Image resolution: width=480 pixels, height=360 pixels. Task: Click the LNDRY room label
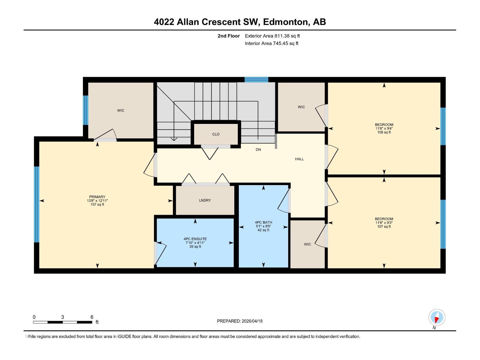(205, 200)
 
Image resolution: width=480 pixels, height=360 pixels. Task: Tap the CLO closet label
(216, 134)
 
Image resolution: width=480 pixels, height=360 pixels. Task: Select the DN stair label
(258, 150)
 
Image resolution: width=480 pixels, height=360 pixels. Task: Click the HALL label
(299, 159)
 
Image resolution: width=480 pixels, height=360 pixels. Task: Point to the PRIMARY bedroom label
(97, 197)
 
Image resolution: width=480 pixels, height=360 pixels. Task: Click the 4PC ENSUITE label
(195, 239)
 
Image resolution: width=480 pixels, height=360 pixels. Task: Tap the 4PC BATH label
(263, 223)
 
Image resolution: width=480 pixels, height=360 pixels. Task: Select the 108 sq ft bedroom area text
(384, 132)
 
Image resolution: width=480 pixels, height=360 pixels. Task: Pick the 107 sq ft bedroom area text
(384, 226)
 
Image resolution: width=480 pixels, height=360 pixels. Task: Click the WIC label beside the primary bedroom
(121, 111)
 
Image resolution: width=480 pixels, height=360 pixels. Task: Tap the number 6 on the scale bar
(92, 317)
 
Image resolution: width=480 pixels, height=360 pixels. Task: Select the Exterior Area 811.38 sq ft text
(272, 36)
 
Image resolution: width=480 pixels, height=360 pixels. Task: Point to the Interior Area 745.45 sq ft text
(271, 43)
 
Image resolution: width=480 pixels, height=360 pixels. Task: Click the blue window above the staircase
(256, 79)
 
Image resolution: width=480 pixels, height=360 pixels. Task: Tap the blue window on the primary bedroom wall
(37, 204)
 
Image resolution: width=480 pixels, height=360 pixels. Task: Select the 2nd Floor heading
(229, 36)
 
